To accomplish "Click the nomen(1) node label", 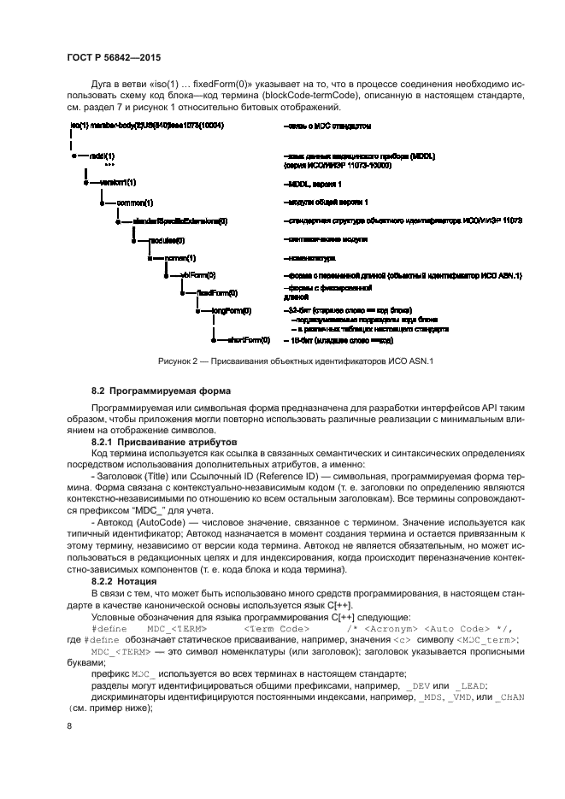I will point(180,257).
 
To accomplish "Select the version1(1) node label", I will point(118,183).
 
